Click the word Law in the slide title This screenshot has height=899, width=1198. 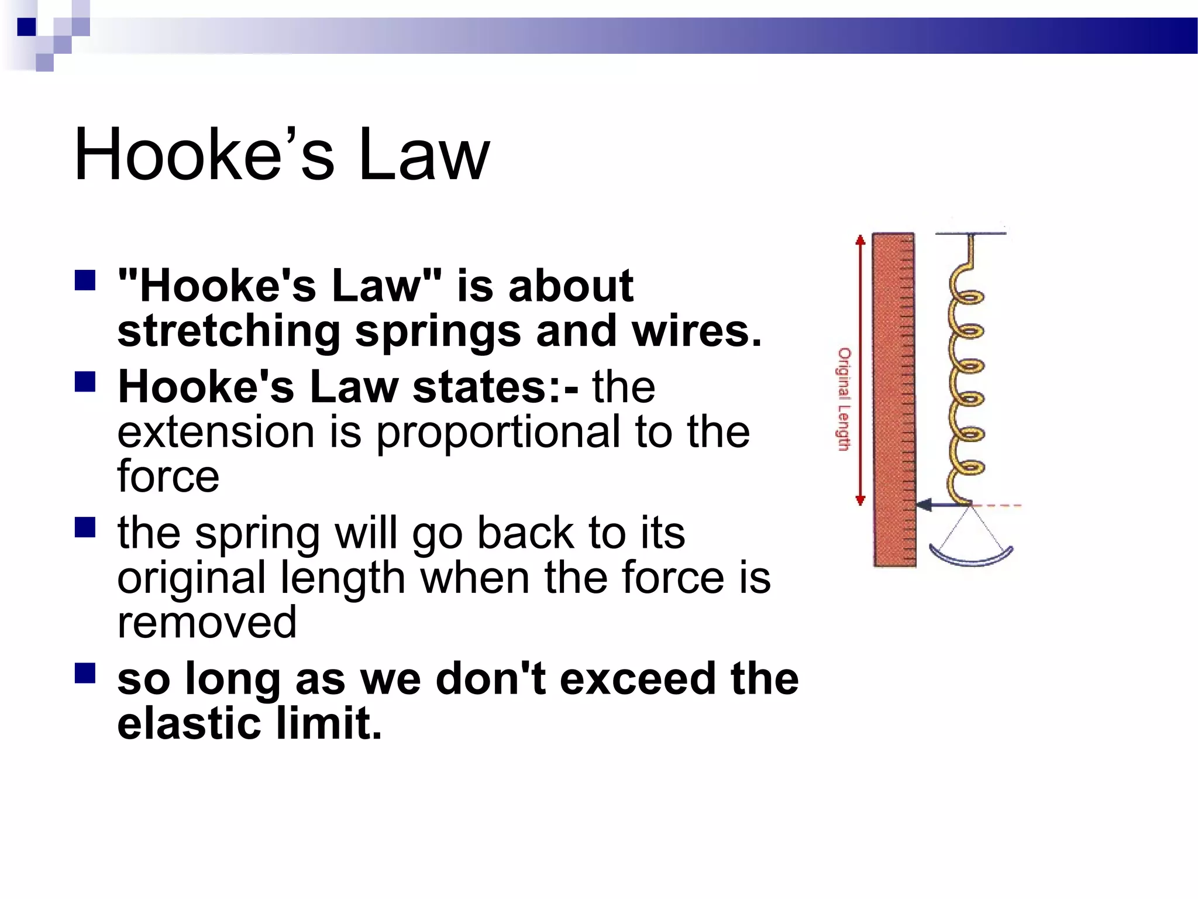click(424, 155)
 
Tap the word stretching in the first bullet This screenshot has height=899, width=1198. click(229, 331)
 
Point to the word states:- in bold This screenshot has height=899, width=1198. click(495, 387)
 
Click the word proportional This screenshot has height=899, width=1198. click(498, 433)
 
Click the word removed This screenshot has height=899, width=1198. click(206, 622)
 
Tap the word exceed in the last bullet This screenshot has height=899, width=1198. click(638, 679)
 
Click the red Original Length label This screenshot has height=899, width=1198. click(844, 399)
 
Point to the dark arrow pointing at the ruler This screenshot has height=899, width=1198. click(938, 504)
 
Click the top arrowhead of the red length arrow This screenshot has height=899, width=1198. click(860, 240)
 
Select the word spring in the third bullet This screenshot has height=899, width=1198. click(258, 534)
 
